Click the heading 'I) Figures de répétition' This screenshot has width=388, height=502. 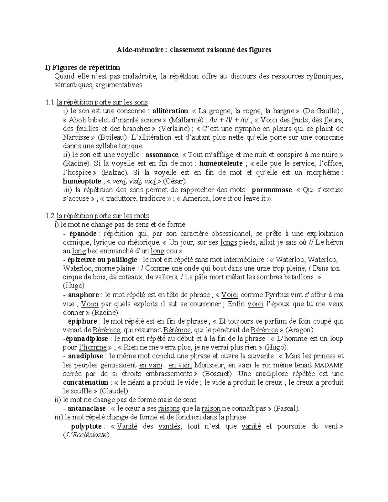[82, 68]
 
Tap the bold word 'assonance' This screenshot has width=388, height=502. [162, 155]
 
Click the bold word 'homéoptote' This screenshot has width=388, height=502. [82, 181]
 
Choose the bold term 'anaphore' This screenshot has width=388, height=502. [83, 295]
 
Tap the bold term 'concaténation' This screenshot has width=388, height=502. [85, 382]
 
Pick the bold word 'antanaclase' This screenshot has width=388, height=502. [87, 409]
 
